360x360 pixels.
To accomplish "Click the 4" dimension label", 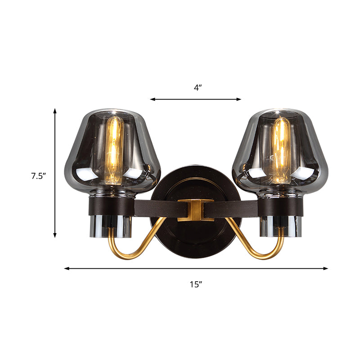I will (198, 88).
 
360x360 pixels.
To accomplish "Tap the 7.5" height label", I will (39, 176).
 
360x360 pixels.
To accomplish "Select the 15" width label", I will (196, 284).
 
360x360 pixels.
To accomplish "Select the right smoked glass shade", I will (310, 153).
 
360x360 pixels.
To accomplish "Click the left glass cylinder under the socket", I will (112, 227).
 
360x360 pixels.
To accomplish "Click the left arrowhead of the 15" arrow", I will (66, 269).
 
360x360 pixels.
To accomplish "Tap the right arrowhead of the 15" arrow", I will (326, 269).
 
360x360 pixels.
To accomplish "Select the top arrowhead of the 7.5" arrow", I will (55, 110).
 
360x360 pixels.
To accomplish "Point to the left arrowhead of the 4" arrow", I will (152, 99).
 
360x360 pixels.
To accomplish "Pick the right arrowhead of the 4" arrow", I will (239, 99).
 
